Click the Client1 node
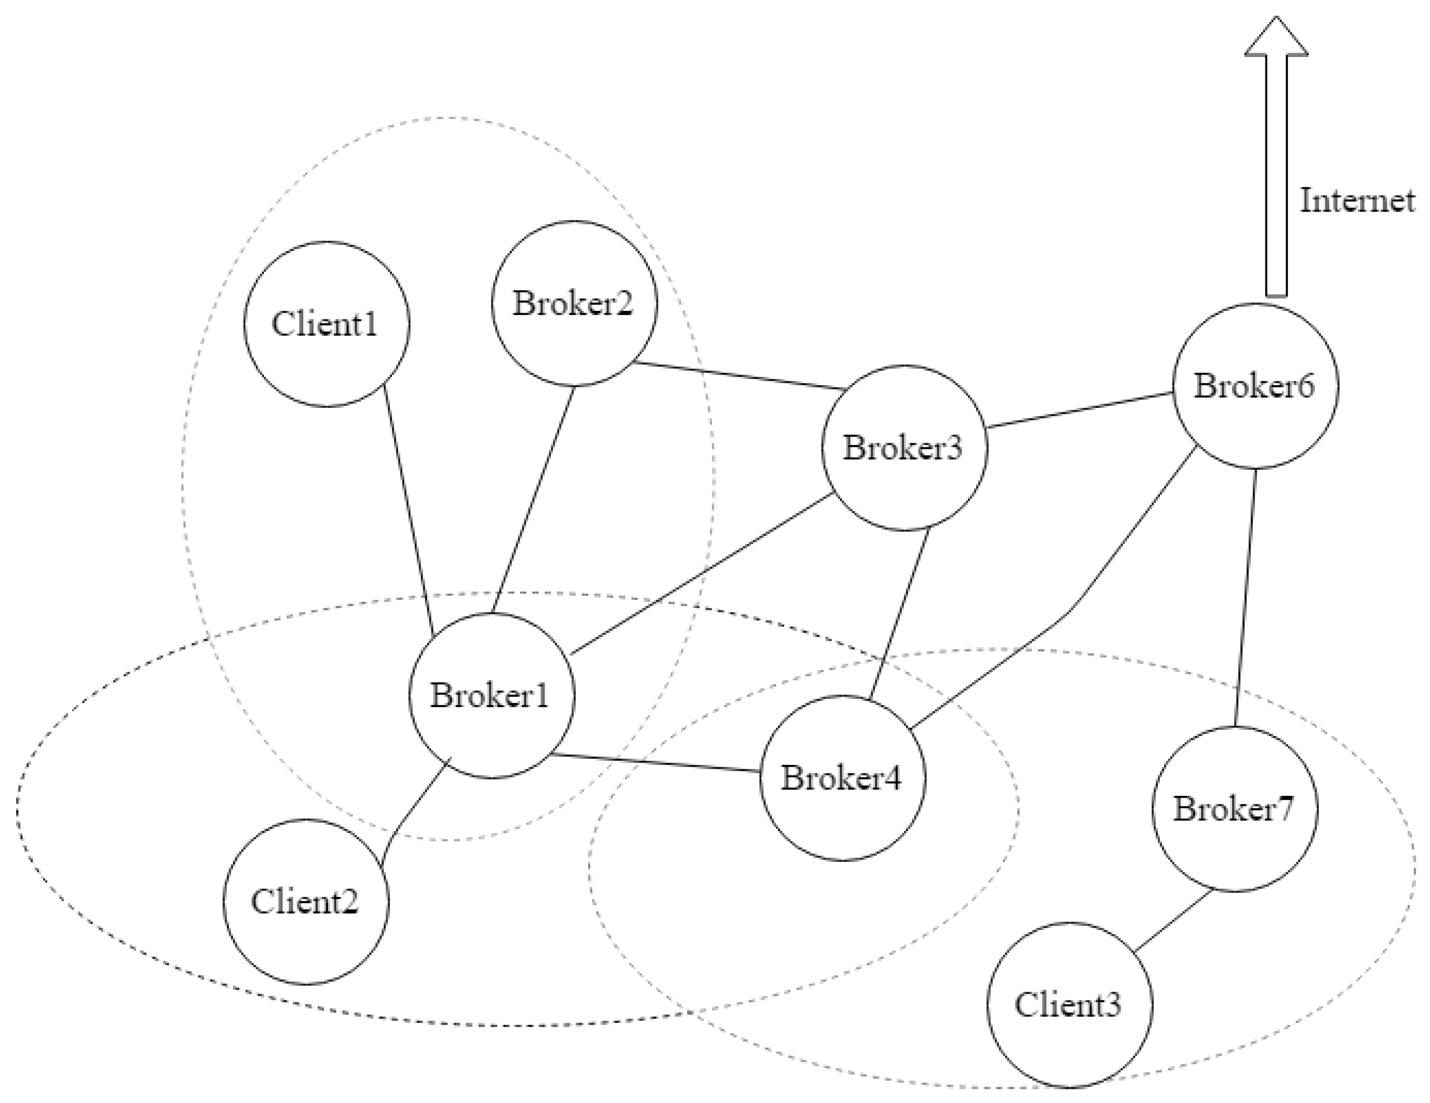[x=327, y=324]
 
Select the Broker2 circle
[x=574, y=303]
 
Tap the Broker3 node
[x=904, y=448]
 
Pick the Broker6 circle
[x=1255, y=386]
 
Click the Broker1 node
[x=492, y=695]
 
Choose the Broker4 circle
[x=843, y=778]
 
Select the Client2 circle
[x=306, y=901]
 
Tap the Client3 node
[x=1069, y=1005]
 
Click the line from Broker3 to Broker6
[x=1079, y=410]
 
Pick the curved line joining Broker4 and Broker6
[x=1074, y=606]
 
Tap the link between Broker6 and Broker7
[x=1245, y=597]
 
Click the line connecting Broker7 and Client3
[x=1172, y=921]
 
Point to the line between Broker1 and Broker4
[x=655, y=763]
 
